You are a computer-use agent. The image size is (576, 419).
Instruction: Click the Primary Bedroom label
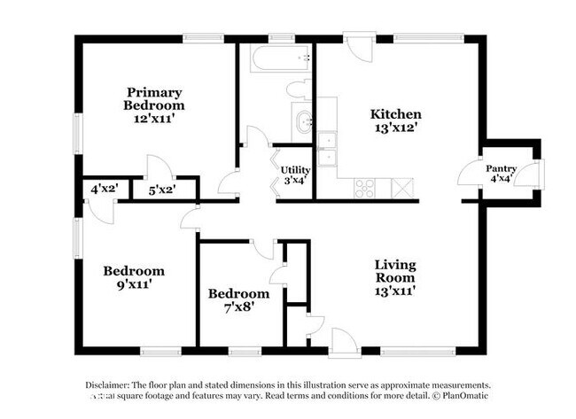point(153,105)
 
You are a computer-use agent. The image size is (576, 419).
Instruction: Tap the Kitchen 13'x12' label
point(394,120)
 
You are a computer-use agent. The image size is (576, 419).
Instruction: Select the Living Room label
point(394,276)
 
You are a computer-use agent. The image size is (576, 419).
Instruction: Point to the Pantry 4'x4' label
point(501,174)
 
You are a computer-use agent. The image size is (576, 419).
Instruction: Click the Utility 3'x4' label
point(295,175)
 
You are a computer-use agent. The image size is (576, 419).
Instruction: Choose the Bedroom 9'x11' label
point(133,277)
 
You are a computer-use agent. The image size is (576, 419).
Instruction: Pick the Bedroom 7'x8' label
point(238,300)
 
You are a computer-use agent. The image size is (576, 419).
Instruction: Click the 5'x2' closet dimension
point(161,189)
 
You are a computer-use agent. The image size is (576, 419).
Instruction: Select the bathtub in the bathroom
point(279,59)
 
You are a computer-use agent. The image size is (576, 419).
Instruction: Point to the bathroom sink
point(303,121)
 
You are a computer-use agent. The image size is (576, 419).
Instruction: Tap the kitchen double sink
point(327,149)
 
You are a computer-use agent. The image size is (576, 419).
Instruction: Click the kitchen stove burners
point(364,187)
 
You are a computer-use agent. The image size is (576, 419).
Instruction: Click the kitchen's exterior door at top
point(359,46)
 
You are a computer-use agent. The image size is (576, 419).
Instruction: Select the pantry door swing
point(470,173)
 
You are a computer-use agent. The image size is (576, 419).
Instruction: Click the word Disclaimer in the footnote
point(107,385)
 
